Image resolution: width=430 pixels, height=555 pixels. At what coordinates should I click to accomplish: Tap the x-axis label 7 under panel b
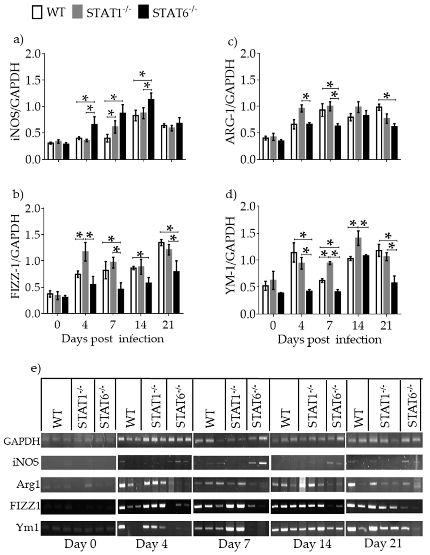click(x=113, y=325)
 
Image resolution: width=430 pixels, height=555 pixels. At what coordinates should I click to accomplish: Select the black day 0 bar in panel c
click(x=281, y=150)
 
